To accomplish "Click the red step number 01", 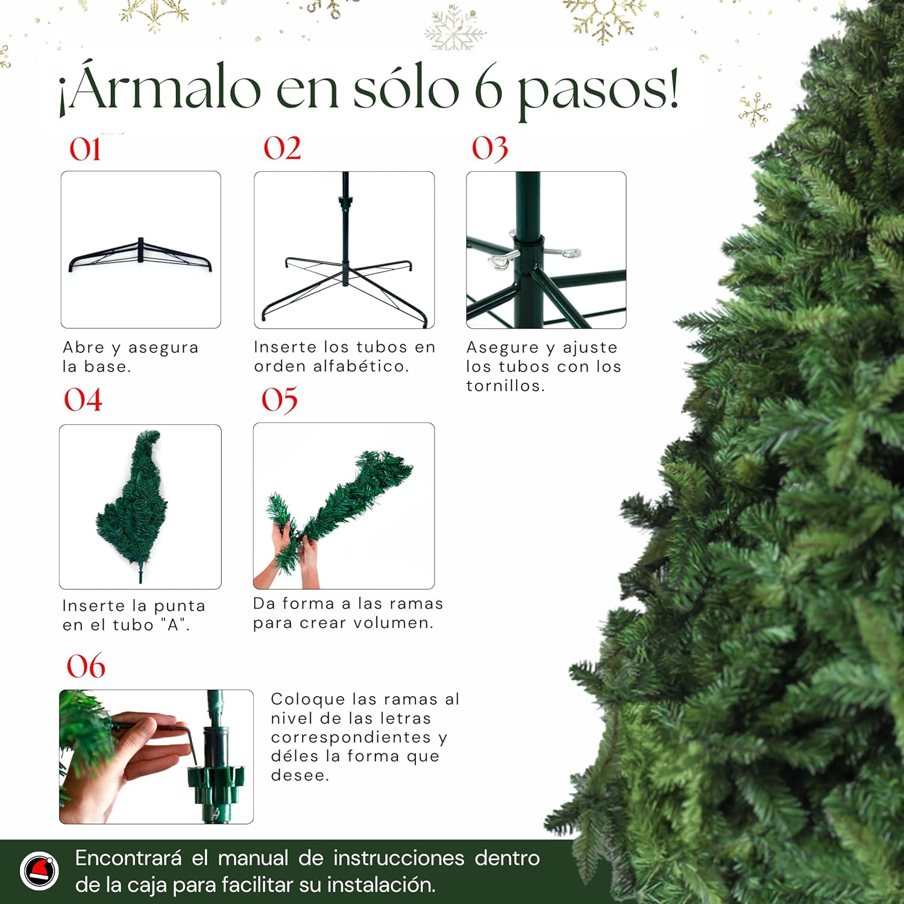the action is tap(85, 149).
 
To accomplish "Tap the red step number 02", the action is tap(282, 148).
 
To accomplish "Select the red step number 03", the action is tap(490, 149).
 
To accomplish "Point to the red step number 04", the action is tap(83, 400).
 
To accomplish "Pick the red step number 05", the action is tap(280, 400).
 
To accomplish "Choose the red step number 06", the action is tap(86, 666).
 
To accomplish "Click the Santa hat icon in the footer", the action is tap(40, 871).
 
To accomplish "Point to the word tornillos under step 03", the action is tap(506, 386).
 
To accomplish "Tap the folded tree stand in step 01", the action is tap(140, 255).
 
